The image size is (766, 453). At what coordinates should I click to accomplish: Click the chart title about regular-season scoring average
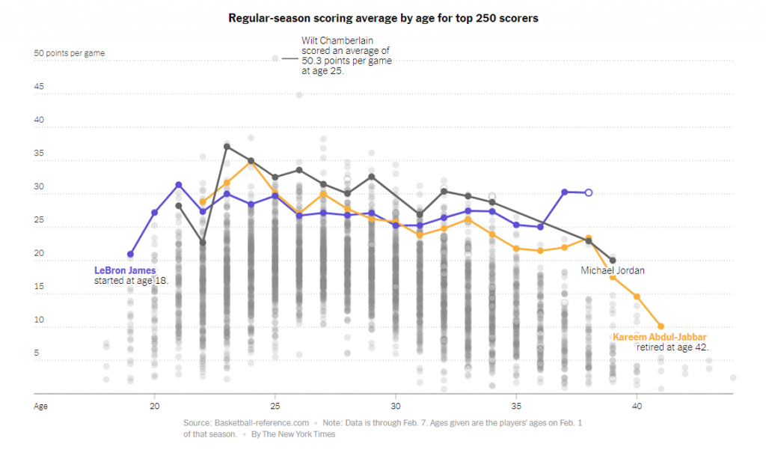pyautogui.click(x=383, y=17)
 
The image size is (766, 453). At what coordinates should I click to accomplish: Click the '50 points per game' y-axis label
pyautogui.click(x=69, y=53)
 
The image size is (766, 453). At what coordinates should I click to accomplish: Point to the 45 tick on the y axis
pyautogui.click(x=39, y=87)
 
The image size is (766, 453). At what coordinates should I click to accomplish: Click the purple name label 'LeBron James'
pyautogui.click(x=124, y=270)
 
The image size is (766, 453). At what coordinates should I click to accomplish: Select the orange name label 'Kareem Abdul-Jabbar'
pyautogui.click(x=660, y=337)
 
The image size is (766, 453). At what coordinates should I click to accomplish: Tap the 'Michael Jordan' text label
pyautogui.click(x=613, y=270)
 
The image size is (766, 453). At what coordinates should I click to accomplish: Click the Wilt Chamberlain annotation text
pyautogui.click(x=346, y=55)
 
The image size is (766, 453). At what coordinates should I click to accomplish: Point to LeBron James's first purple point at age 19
pyautogui.click(x=131, y=255)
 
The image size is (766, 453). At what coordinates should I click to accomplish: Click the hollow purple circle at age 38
pyautogui.click(x=589, y=192)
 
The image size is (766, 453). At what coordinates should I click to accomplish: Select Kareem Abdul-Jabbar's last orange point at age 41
pyautogui.click(x=661, y=326)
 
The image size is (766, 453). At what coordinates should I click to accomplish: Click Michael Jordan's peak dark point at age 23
pyautogui.click(x=227, y=147)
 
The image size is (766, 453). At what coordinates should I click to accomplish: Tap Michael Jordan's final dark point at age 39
pyautogui.click(x=613, y=261)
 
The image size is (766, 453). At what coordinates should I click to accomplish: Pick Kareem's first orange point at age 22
pyautogui.click(x=203, y=201)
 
